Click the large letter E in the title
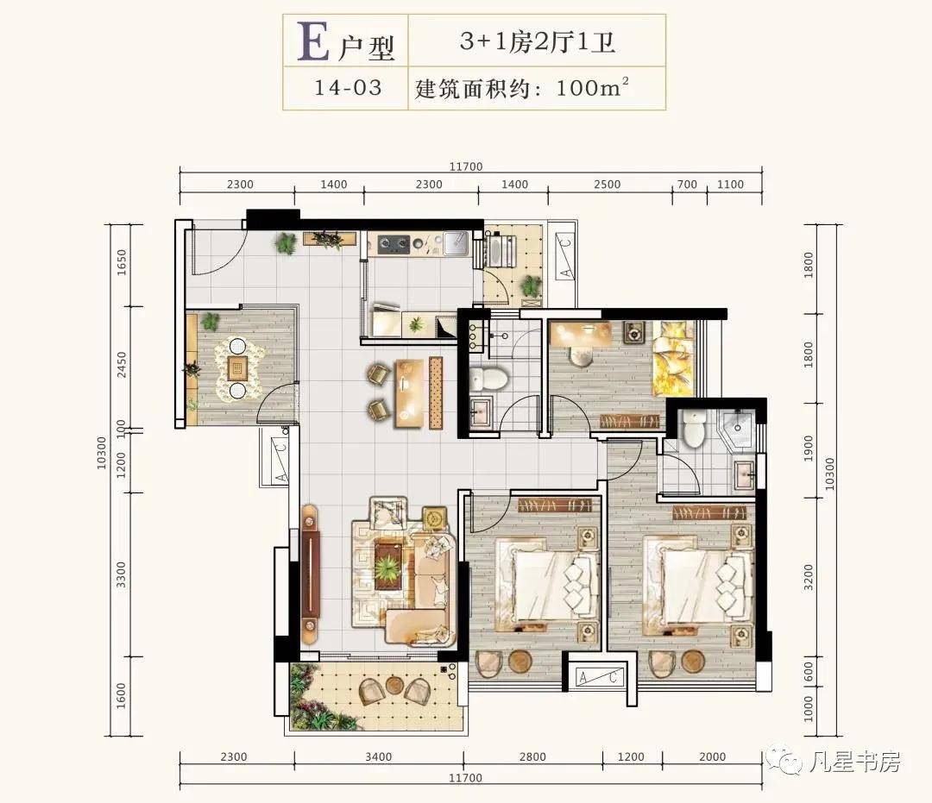pyautogui.click(x=313, y=42)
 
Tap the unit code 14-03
pyautogui.click(x=348, y=88)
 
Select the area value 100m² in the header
pyautogui.click(x=592, y=87)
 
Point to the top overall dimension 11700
pyautogui.click(x=465, y=166)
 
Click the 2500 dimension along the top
pyautogui.click(x=607, y=185)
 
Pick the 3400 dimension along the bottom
pyautogui.click(x=379, y=756)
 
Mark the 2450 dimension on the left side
pyautogui.click(x=122, y=365)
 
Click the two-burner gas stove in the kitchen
pyautogui.click(x=393, y=243)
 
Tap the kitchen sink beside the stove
pyautogui.click(x=456, y=243)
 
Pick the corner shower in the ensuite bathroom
pyautogui.click(x=736, y=427)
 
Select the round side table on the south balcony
pyautogui.click(x=393, y=686)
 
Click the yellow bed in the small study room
pyautogui.click(x=673, y=358)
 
